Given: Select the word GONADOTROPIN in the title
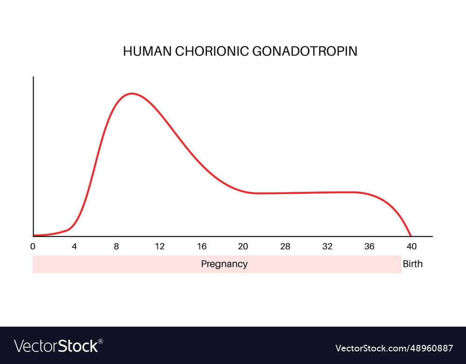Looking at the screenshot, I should (x=305, y=51).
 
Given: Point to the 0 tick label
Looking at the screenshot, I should (x=33, y=246).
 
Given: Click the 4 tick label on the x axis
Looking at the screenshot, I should (x=74, y=246).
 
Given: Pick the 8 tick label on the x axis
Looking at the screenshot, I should (x=116, y=246).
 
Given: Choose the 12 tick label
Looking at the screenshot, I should (x=160, y=246).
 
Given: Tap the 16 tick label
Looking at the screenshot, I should (x=201, y=246).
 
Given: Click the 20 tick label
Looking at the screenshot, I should (x=243, y=246).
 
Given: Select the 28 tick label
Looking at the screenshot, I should (x=285, y=246).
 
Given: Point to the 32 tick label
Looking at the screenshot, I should (x=327, y=246).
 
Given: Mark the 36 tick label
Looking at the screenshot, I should (x=369, y=246).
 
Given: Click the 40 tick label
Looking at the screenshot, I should (x=411, y=246).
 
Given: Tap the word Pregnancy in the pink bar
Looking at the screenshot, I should (x=224, y=264).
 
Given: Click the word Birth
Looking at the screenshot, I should (x=412, y=264).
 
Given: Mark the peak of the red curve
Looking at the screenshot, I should (x=132, y=93).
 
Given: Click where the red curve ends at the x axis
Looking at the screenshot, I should (x=411, y=236).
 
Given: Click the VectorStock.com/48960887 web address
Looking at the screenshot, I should (x=394, y=348).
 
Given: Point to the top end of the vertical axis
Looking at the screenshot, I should (x=34, y=77).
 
